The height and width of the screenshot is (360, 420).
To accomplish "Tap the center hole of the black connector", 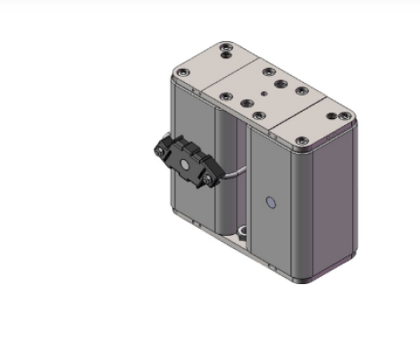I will pyautogui.click(x=185, y=163).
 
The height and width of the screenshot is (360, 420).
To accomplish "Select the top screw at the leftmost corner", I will pyautogui.click(x=182, y=72).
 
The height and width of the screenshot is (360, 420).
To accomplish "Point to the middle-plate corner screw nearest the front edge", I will pyautogui.click(x=258, y=114).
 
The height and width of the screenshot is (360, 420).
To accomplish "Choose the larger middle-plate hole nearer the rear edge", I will pyautogui.click(x=281, y=83).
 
